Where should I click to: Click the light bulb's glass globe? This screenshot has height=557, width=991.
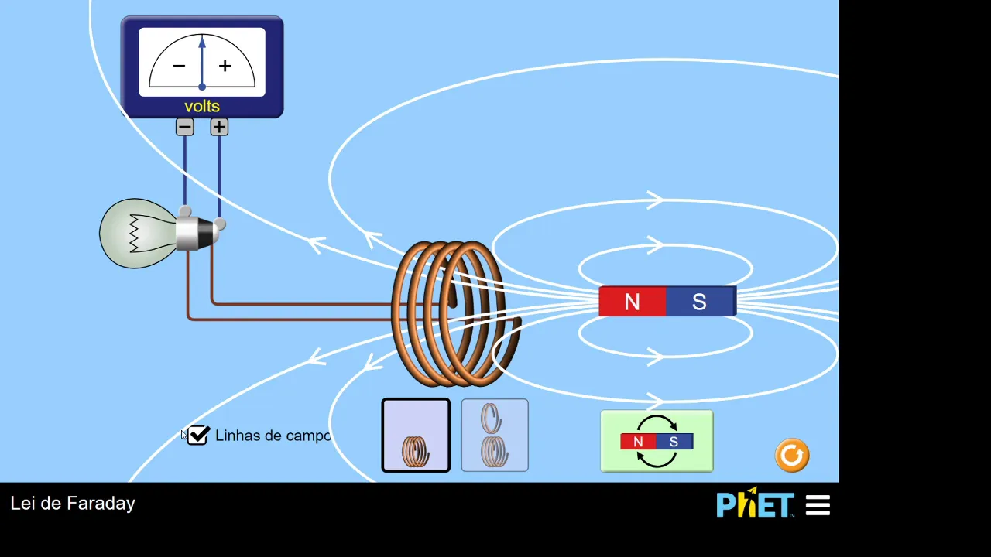tap(135, 234)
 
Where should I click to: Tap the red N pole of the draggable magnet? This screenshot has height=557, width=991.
tap(632, 302)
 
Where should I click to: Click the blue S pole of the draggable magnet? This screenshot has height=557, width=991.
tap(699, 302)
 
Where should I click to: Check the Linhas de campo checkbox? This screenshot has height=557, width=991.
tap(198, 436)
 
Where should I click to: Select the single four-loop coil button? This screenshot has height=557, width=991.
tap(416, 436)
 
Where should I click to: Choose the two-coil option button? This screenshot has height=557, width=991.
tap(495, 436)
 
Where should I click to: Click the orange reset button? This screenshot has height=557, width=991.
tap(792, 456)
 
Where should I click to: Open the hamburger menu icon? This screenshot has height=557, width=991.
tap(818, 506)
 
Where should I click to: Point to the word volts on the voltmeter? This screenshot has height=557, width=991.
tap(202, 107)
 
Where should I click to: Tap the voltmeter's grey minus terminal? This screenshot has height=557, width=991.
tap(184, 127)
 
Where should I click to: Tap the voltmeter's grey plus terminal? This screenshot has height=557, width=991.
tap(219, 127)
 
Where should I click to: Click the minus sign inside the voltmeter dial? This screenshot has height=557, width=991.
tap(179, 67)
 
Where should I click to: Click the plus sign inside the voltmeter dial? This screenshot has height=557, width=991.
tap(225, 67)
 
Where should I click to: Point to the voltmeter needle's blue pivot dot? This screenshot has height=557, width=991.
tap(202, 87)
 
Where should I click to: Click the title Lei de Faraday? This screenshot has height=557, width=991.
tap(73, 504)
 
